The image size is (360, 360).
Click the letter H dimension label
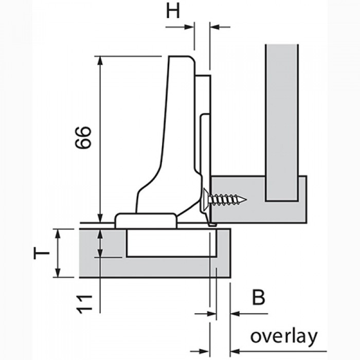click(x=173, y=11)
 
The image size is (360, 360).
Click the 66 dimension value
click(x=83, y=137)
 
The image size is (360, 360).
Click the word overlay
click(x=283, y=337)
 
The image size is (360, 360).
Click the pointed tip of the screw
click(x=245, y=198)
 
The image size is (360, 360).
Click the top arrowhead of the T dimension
click(x=58, y=233)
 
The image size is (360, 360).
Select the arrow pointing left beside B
click(x=234, y=313)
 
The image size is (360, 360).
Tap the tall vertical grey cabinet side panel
click(x=282, y=118)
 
